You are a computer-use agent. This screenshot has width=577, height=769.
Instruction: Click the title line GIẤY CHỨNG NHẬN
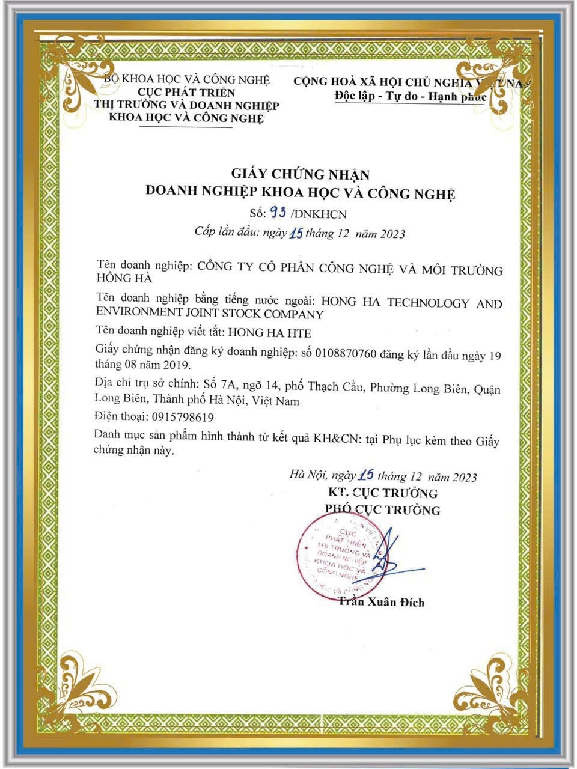(x=301, y=174)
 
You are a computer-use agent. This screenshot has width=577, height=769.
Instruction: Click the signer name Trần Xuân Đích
(x=381, y=601)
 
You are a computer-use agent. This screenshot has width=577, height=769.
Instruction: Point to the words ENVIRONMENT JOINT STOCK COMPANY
(x=210, y=313)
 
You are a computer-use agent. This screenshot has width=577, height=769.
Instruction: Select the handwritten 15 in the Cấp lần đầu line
(x=296, y=234)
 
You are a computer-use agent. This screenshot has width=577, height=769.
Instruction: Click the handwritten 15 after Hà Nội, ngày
(x=366, y=476)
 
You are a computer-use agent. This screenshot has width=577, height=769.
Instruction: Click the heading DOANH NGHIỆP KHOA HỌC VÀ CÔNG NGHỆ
(x=301, y=193)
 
